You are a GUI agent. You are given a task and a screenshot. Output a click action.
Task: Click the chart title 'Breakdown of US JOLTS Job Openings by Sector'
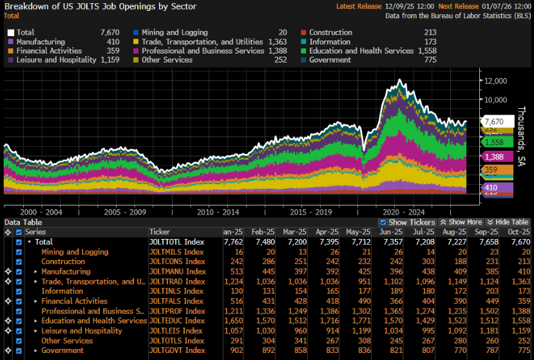(100, 6)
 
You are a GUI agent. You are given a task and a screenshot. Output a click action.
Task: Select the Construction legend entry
(330, 32)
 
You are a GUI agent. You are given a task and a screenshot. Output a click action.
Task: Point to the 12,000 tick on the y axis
(497, 81)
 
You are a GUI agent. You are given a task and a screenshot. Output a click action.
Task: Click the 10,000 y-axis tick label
(497, 100)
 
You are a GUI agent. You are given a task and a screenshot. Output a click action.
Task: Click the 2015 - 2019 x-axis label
(310, 212)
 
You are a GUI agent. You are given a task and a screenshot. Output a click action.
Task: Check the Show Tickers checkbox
(384, 222)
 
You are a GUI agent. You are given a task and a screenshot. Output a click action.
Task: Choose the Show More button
(463, 222)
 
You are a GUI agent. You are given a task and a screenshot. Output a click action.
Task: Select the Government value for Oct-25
(521, 350)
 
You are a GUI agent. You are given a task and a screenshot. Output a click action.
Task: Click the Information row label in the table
(62, 291)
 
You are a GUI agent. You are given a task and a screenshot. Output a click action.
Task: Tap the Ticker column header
(160, 232)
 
